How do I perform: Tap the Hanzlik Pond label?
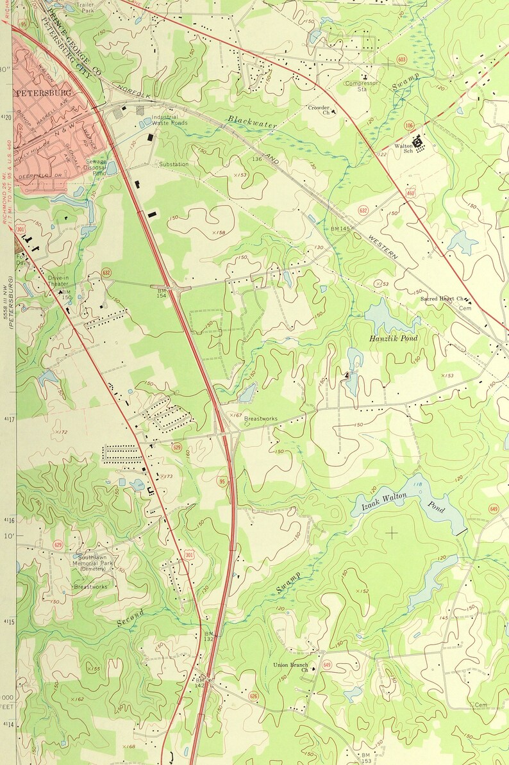pos(393,338)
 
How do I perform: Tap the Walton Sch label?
pos(404,149)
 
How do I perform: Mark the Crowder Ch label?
pos(319,110)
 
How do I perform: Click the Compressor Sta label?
pos(361,86)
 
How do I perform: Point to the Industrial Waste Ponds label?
pos(169,120)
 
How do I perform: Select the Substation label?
pos(174,165)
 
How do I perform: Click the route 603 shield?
pos(402,60)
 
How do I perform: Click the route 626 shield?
pos(254,696)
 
